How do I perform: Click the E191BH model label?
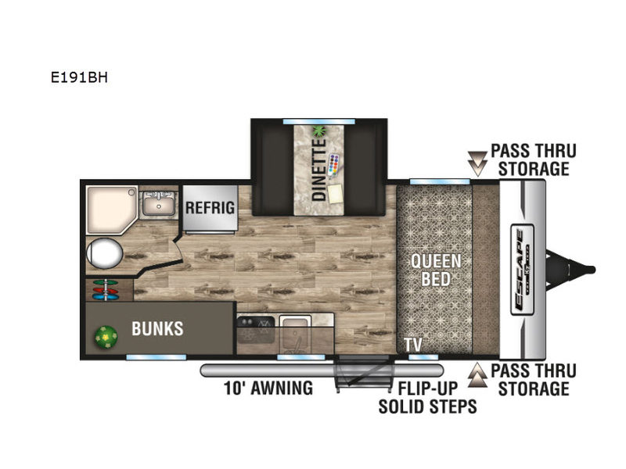click(79, 77)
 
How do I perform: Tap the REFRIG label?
click(210, 208)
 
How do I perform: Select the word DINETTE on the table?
click(319, 169)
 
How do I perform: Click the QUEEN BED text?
click(436, 270)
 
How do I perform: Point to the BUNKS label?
click(158, 328)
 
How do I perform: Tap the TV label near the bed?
click(413, 344)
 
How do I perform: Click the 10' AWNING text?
click(268, 388)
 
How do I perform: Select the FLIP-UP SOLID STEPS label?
click(427, 397)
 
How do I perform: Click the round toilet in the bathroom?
click(105, 253)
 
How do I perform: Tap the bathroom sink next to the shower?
click(159, 203)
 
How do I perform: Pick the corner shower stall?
click(112, 209)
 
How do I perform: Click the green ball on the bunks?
click(106, 338)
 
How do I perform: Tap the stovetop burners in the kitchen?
click(256, 329)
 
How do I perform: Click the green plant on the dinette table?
click(319, 131)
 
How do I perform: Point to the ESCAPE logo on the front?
click(522, 270)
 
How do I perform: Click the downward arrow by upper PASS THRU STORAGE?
click(477, 163)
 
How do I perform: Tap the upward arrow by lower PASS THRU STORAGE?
click(477, 375)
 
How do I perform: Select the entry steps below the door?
click(362, 374)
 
